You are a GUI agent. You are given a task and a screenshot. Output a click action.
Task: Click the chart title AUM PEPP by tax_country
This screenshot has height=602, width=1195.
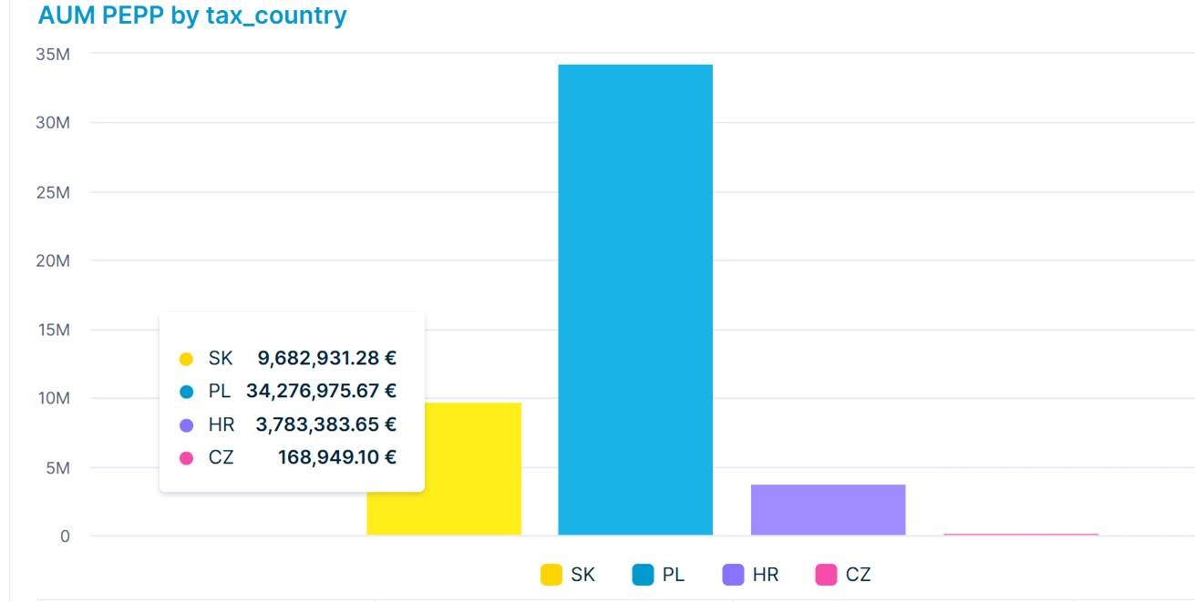[192, 15]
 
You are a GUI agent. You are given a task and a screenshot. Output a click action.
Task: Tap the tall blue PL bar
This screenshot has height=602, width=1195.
[635, 300]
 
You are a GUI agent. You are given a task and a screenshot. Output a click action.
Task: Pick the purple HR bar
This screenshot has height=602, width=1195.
[828, 510]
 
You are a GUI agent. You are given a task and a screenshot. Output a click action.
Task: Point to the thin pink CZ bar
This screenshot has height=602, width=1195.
[1020, 534]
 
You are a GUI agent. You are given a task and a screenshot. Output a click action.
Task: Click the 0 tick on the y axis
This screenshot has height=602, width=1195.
[65, 536]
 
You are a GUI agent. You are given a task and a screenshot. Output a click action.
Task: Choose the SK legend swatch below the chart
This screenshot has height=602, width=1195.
[551, 575]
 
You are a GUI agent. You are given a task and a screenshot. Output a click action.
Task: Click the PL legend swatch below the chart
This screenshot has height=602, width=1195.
[643, 575]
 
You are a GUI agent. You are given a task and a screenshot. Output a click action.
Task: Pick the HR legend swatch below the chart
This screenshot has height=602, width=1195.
[733, 575]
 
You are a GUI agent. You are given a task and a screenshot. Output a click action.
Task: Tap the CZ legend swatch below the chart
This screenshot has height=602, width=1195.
[826, 575]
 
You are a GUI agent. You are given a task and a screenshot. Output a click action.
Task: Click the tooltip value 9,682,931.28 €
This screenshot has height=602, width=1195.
[326, 358]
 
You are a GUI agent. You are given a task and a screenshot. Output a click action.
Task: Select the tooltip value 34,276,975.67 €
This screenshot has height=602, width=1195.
[321, 392]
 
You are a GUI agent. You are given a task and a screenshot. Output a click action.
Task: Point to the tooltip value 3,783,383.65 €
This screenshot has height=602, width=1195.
[326, 424]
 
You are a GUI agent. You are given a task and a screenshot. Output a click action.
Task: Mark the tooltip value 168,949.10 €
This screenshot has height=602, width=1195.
[336, 457]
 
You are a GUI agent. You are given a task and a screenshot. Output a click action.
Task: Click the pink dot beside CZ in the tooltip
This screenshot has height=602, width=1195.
[187, 458]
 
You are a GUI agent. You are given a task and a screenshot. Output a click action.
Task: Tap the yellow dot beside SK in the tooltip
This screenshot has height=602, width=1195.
[187, 359]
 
